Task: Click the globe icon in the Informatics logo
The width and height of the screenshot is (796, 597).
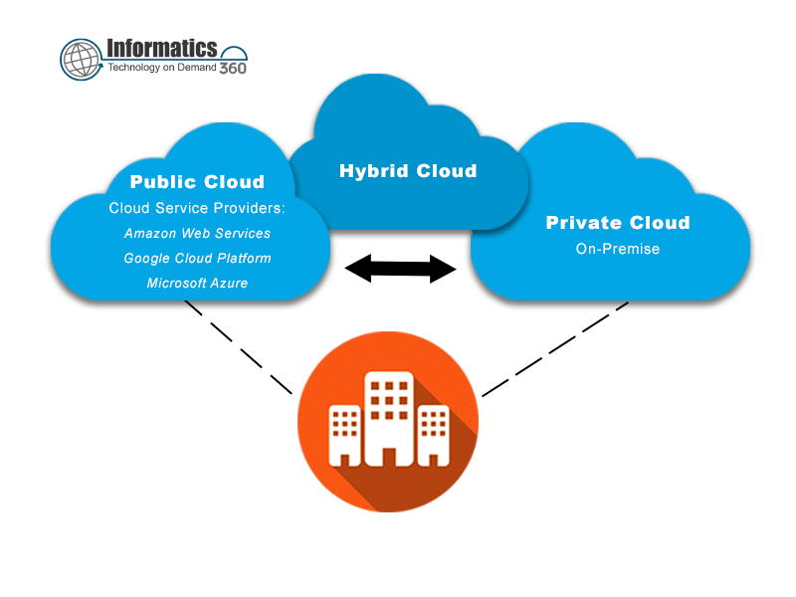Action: [x=82, y=59]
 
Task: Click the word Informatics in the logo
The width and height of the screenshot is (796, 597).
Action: [x=161, y=48]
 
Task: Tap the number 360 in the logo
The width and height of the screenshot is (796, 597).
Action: [x=232, y=68]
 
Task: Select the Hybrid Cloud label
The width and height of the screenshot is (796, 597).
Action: [x=408, y=171]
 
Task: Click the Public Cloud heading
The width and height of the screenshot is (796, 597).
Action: [x=197, y=182]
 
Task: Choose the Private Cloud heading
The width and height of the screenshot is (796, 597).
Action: [x=617, y=223]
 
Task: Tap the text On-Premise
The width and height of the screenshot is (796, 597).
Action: [x=617, y=249]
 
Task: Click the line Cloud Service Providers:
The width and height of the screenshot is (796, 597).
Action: [x=197, y=209]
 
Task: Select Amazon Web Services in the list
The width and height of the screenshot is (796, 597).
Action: [x=197, y=234]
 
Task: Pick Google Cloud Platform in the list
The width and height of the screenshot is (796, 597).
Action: [x=197, y=259]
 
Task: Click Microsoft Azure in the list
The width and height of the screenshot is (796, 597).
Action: [x=197, y=284]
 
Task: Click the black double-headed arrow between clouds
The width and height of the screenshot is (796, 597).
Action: [x=400, y=267]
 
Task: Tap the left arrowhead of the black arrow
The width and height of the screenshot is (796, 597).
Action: [x=356, y=267]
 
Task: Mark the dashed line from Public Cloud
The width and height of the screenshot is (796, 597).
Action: [x=239, y=345]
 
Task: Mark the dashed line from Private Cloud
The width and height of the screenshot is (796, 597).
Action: [x=554, y=348]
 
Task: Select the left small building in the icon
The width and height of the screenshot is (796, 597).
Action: [x=343, y=433]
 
